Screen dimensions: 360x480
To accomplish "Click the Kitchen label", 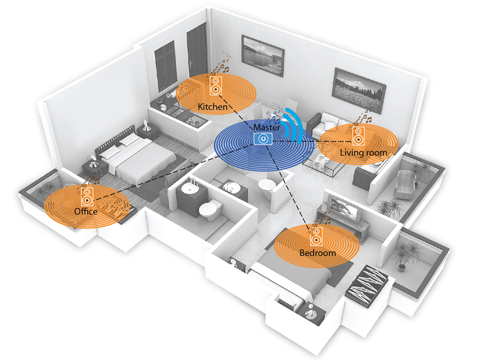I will click(212, 107).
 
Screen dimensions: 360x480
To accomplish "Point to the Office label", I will click(85, 210).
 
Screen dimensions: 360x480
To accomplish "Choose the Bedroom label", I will click(317, 253).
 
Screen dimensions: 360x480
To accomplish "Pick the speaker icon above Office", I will click(89, 194).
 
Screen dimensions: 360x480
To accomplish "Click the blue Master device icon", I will click(263, 139).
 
